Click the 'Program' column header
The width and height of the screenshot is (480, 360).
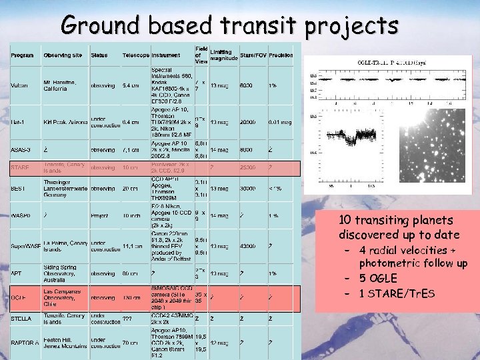point(23,55)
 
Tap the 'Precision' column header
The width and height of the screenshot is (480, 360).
point(281,55)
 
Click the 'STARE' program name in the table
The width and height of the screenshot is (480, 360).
point(20,168)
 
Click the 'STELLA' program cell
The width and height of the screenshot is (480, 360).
point(21,319)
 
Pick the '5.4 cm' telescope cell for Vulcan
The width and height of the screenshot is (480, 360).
point(131,85)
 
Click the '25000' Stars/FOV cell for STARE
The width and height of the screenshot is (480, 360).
point(248,168)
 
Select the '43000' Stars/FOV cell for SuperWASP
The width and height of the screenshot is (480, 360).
point(248,246)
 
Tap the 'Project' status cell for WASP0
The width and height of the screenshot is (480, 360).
point(101,215)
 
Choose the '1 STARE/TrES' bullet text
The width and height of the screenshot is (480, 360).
point(397,293)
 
